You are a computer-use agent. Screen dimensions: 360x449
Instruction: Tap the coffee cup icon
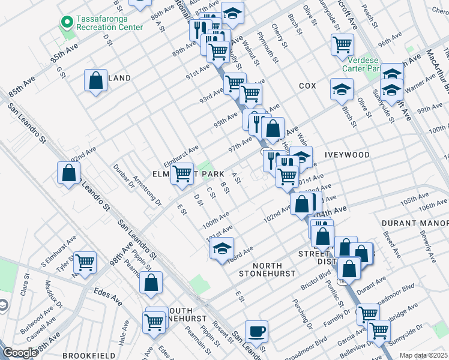tap(256, 331)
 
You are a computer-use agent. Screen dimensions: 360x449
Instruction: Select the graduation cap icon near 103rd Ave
tap(221, 248)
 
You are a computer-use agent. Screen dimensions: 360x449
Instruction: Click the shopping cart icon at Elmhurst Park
tap(182, 174)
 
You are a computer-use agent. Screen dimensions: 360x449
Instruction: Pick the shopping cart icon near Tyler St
tap(85, 262)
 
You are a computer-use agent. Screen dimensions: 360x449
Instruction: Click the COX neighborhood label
tap(307, 86)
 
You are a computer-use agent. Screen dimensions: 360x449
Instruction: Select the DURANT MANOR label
tap(415, 223)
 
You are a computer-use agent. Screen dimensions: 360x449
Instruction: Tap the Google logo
tap(20, 353)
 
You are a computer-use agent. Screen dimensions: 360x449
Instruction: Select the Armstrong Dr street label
tap(147, 190)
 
